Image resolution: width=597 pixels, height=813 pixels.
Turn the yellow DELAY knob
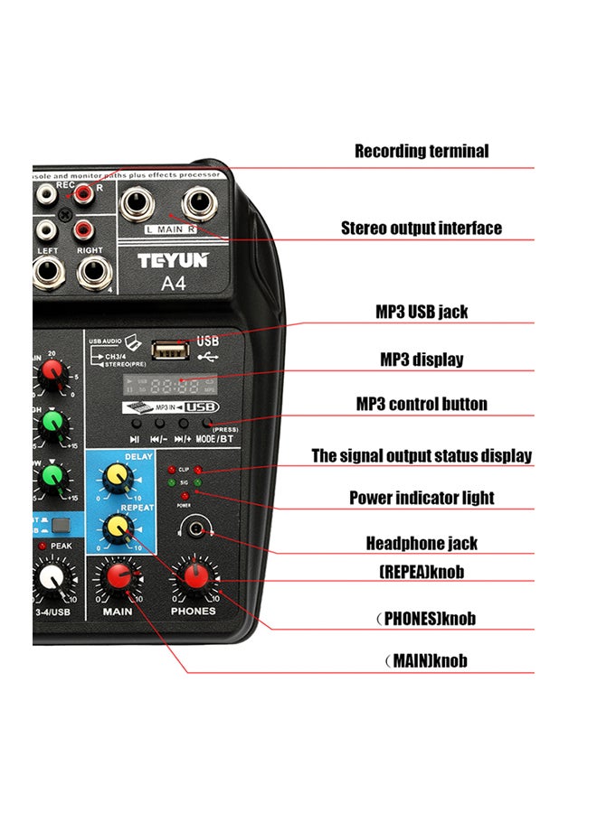tap(117, 476)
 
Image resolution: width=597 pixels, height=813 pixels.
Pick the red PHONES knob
tap(194, 576)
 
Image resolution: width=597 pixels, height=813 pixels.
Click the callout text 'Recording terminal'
tap(421, 152)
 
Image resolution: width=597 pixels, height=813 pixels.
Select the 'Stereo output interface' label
tap(421, 228)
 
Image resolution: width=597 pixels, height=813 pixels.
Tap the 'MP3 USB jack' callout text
tap(422, 313)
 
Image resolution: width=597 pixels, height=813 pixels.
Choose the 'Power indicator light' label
tap(422, 498)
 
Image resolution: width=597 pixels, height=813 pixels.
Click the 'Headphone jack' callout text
tap(422, 544)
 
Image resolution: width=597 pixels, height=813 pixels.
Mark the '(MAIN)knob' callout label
tap(425, 661)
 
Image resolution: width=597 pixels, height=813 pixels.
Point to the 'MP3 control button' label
tap(422, 404)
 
